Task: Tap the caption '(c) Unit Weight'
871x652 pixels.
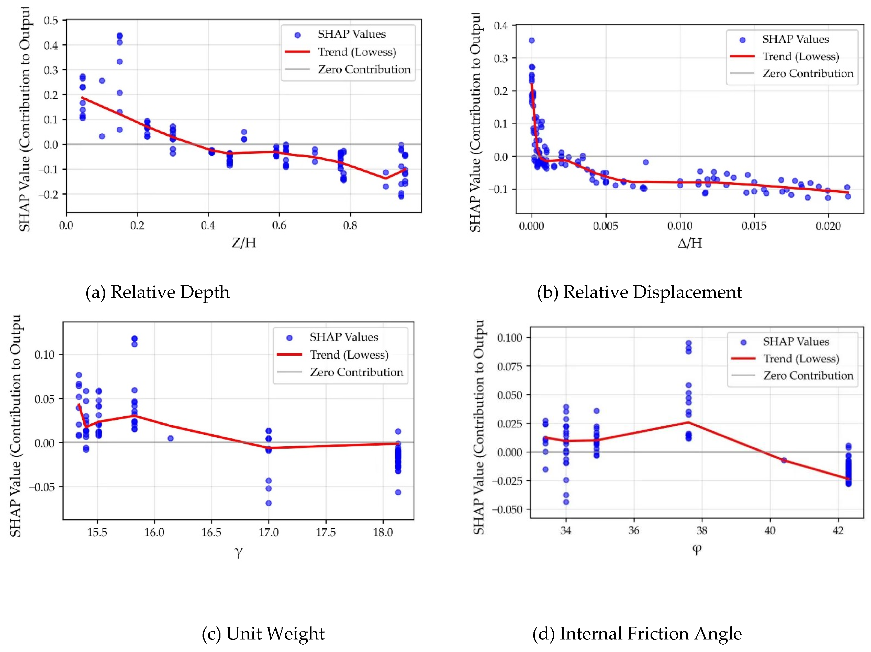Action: pos(263,634)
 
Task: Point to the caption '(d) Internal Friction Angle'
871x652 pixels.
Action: pos(637,634)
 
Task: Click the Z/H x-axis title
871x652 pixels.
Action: pos(244,243)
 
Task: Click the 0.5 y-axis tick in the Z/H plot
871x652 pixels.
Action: pos(51,20)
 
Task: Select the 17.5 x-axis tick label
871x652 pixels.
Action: pos(326,532)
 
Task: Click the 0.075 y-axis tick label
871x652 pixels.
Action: pos(509,367)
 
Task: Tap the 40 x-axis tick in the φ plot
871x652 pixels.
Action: pos(770,530)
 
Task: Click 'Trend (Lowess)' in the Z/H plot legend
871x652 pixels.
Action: pos(357,52)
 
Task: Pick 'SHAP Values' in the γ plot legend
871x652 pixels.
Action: pos(343,337)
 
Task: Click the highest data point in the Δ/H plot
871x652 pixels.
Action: pos(532,40)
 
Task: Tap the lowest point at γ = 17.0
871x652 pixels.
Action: pos(269,503)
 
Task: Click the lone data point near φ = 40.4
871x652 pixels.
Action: pos(784,460)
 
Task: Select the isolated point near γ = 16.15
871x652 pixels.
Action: pos(171,438)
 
